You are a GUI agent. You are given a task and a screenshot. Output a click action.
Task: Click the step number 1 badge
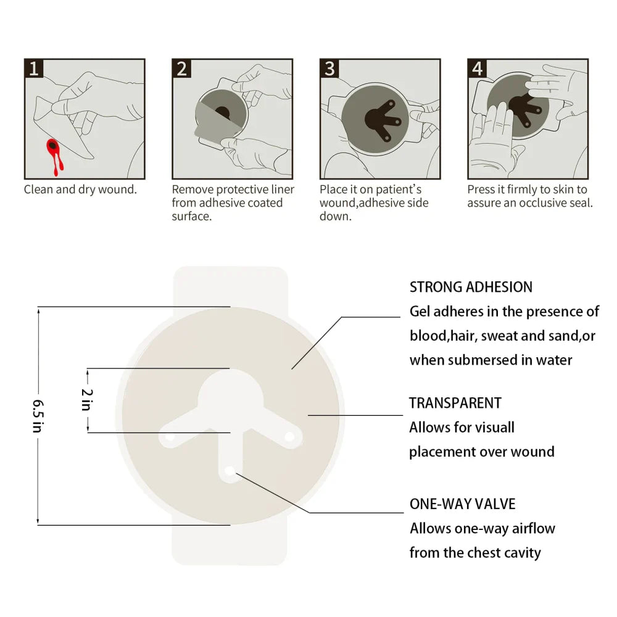33,68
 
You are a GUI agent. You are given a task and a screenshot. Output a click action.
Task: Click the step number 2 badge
181,68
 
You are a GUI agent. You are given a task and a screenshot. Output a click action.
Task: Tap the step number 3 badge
329,68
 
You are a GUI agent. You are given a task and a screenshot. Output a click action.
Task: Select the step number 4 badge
477,68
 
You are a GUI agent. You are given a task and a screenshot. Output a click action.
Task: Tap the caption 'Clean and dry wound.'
80,189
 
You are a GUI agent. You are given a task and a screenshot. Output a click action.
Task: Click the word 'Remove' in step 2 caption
191,189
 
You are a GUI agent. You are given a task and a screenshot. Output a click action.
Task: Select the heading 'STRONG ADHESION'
471,287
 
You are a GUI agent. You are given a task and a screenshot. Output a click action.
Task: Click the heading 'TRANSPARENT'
455,404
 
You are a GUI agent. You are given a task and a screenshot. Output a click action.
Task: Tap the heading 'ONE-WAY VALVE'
462,504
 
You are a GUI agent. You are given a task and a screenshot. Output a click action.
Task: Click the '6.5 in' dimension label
38,415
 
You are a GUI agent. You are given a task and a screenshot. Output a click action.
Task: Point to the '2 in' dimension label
87,400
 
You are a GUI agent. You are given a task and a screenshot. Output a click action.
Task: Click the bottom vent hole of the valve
230,471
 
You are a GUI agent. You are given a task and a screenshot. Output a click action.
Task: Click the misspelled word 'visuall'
492,428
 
